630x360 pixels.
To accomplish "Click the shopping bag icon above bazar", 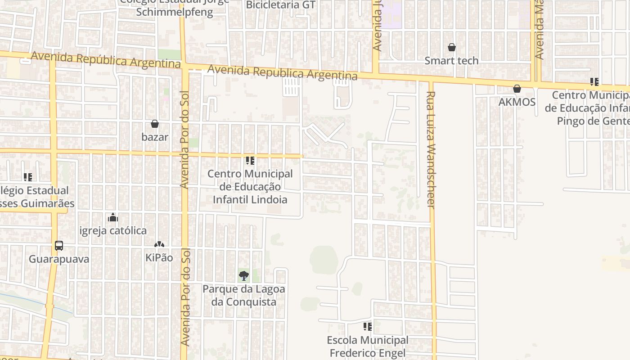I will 155,124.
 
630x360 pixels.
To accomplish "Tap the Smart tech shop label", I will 451,60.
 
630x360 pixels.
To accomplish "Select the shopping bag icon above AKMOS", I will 517,89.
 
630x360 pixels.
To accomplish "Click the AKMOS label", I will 517,102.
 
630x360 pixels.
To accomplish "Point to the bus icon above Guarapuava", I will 59,246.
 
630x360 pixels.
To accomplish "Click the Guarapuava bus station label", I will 59,259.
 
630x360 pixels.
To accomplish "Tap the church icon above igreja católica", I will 113,218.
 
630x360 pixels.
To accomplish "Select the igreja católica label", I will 113,231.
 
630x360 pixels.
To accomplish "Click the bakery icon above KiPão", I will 159,244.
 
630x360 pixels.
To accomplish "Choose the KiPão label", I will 159,258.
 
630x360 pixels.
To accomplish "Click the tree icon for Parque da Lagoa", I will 244,275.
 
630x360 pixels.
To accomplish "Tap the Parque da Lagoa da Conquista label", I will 244,295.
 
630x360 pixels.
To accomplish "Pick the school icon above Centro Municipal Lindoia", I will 250,160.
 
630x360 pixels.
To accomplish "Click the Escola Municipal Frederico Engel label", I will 368,346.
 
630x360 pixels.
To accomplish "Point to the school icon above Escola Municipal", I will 368,326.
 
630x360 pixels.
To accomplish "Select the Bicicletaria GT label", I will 281,5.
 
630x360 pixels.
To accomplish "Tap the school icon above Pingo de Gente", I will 594,82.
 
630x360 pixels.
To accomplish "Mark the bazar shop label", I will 155,137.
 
